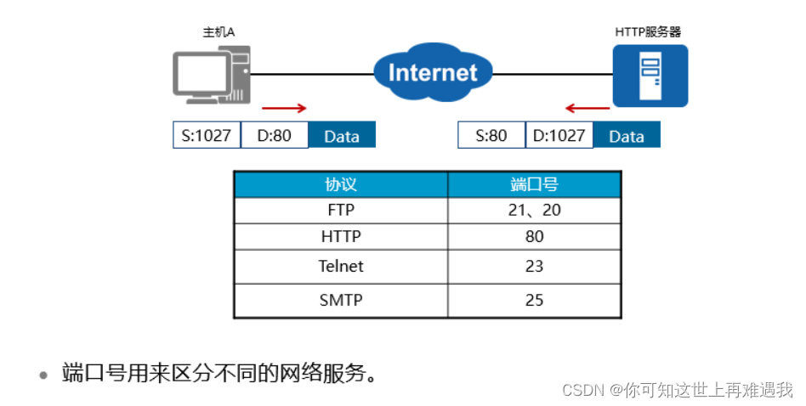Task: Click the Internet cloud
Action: pyautogui.click(x=433, y=72)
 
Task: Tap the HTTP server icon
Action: pyautogui.click(x=650, y=76)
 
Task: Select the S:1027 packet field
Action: pyautogui.click(x=207, y=135)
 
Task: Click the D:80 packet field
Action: pyautogui.click(x=274, y=135)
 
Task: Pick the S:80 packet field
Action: pyautogui.click(x=491, y=135)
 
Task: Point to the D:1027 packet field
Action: pyautogui.click(x=559, y=135)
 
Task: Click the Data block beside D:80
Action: pyautogui.click(x=341, y=136)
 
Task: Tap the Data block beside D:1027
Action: pyautogui.click(x=626, y=136)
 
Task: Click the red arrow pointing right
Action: pyautogui.click(x=283, y=109)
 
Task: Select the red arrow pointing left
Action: pyautogui.click(x=587, y=109)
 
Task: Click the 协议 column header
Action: pyautogui.click(x=340, y=185)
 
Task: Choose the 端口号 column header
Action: pyautogui.click(x=534, y=185)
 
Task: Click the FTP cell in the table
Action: pyautogui.click(x=340, y=210)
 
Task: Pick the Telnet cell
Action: pyautogui.click(x=340, y=266)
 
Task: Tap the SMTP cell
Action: pyautogui.click(x=340, y=300)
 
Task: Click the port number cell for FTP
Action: pyautogui.click(x=534, y=210)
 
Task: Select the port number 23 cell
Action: pyautogui.click(x=534, y=266)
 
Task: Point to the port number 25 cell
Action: pyautogui.click(x=534, y=300)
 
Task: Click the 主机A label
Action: pyautogui.click(x=219, y=32)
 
